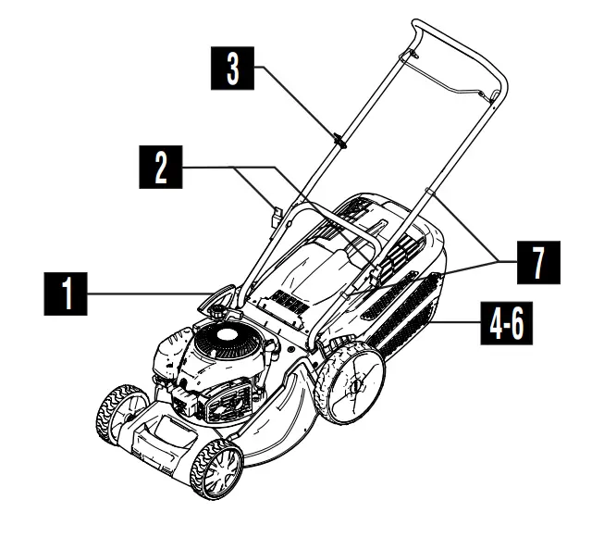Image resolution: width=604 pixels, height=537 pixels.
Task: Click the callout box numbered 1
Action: coord(64,298)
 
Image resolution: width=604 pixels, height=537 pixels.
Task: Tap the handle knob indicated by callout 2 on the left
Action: coord(276,219)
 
